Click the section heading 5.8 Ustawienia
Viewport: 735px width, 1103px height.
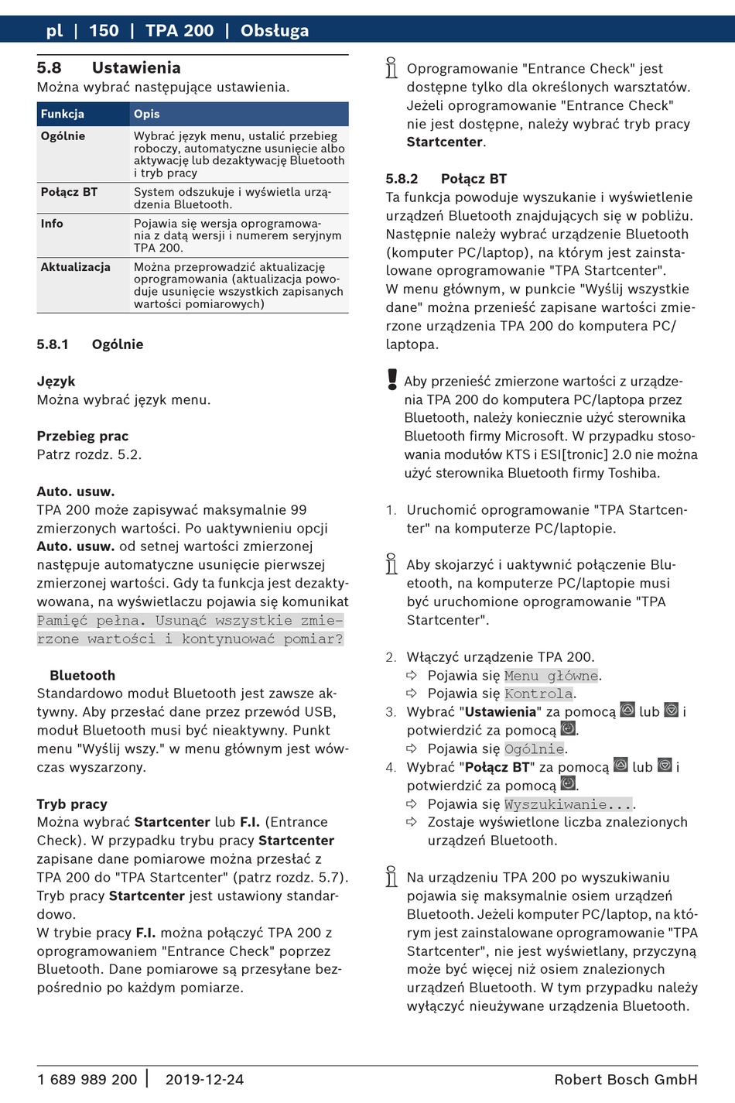(108, 68)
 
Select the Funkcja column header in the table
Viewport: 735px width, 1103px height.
(63, 114)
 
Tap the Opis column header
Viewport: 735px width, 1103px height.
(146, 114)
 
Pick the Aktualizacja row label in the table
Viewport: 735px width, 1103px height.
(75, 267)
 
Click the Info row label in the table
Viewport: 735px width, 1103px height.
(52, 224)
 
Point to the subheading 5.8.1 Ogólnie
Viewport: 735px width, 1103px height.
(90, 344)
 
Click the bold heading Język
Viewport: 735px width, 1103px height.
(56, 382)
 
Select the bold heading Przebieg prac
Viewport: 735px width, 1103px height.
(83, 437)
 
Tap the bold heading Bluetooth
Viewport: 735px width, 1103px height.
(82, 676)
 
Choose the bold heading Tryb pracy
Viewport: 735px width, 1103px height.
(72, 804)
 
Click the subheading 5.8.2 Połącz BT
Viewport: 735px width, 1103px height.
(446, 179)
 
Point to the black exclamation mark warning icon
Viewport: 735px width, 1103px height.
(392, 379)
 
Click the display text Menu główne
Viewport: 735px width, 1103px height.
(552, 676)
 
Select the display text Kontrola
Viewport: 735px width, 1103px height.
(538, 694)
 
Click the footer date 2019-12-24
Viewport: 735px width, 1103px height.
(204, 1079)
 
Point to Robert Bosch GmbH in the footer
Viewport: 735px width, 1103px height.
(625, 1079)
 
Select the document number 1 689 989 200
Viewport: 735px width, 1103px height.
(87, 1079)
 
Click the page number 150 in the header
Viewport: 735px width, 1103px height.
(104, 31)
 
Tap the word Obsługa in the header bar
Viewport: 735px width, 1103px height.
(274, 31)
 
